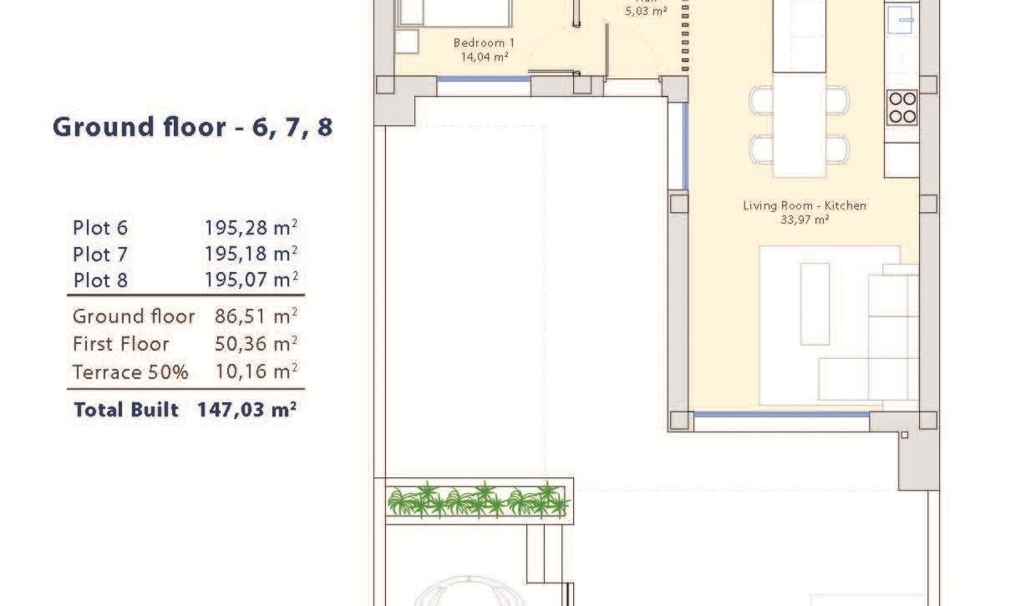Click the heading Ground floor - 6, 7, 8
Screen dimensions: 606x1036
click(x=192, y=128)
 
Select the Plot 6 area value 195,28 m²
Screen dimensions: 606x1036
click(x=251, y=228)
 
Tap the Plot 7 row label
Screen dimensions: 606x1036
click(x=100, y=254)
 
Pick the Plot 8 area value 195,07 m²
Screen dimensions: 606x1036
click(x=251, y=280)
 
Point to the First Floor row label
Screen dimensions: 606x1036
click(x=120, y=344)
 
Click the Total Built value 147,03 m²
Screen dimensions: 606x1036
click(x=247, y=410)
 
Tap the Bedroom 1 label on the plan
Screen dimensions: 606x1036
click(x=484, y=43)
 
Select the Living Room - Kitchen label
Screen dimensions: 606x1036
click(x=804, y=205)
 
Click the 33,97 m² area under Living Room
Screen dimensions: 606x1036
click(x=804, y=220)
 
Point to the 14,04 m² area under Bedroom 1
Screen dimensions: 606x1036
click(x=485, y=58)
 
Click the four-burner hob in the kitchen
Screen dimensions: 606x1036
click(x=901, y=108)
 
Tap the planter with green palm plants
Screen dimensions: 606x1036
click(x=478, y=501)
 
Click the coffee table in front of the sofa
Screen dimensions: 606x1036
click(x=815, y=304)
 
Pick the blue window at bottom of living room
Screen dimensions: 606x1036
click(x=781, y=415)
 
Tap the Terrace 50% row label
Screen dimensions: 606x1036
click(x=130, y=372)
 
